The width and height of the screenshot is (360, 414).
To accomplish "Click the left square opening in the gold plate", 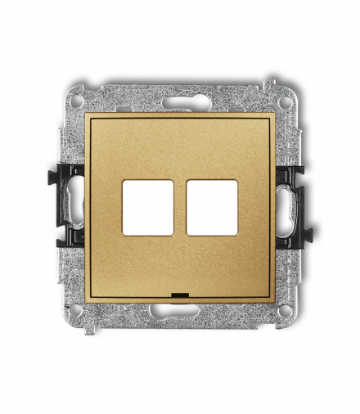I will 147,208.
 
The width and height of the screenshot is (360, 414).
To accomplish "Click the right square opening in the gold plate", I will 212,208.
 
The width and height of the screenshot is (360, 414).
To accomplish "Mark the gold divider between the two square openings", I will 180,208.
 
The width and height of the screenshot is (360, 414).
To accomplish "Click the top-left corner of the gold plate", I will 87,115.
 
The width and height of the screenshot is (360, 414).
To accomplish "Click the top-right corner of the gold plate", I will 274,115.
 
